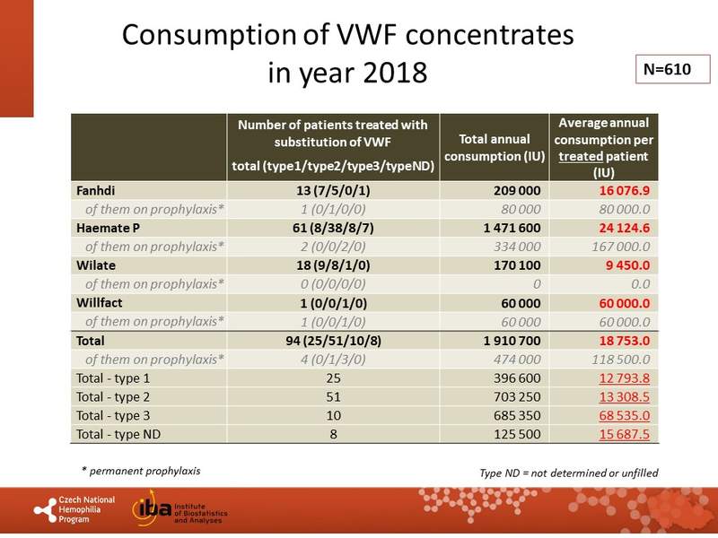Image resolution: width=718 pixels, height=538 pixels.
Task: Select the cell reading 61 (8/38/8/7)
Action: pyautogui.click(x=333, y=228)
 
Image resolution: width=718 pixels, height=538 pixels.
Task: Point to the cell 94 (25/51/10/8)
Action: pyautogui.click(x=333, y=341)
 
